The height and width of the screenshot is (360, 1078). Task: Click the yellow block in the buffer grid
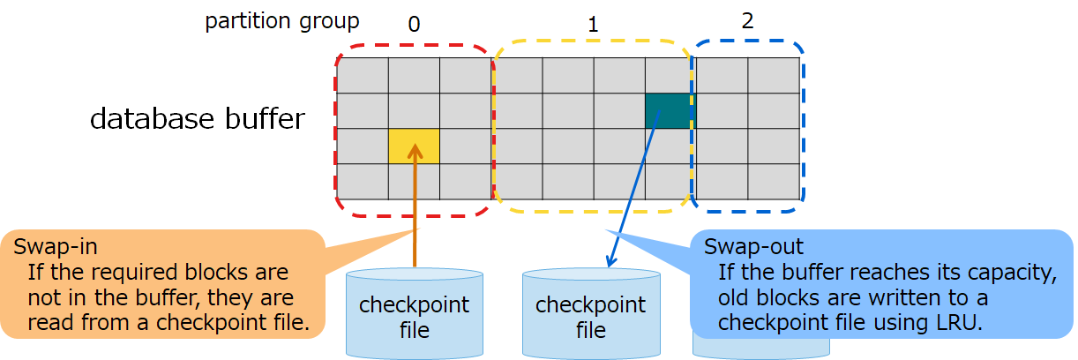tap(414, 146)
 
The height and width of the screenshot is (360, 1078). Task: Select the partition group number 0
tap(414, 24)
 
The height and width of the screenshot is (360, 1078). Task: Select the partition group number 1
tap(592, 25)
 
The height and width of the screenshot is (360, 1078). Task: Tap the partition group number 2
tap(747, 21)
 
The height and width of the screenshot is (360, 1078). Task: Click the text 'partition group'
tap(282, 21)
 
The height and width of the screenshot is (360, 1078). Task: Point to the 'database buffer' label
tap(198, 119)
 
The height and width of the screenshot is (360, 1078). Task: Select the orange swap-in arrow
tap(414, 212)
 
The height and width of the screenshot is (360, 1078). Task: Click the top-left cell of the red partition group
tap(363, 75)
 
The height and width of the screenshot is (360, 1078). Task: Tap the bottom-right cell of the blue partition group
tap(774, 182)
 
